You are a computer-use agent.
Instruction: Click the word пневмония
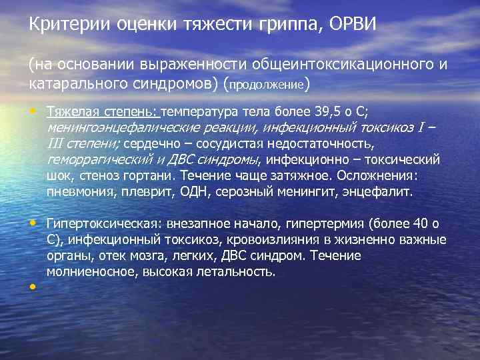click(x=77, y=192)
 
